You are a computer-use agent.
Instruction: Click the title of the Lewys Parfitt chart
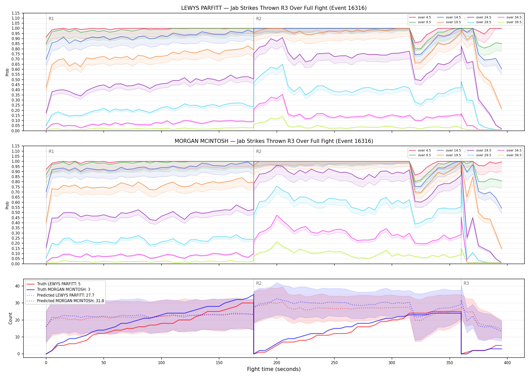coord(274,8)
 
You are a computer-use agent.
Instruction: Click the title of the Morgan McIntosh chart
coord(274,141)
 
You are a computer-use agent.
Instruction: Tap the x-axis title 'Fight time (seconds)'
coord(274,369)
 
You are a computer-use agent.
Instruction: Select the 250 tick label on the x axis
coord(334,363)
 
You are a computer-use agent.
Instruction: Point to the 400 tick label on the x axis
coord(507,363)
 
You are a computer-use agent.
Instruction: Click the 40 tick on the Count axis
coord(17,286)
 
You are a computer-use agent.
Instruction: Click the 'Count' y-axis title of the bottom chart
coord(10,318)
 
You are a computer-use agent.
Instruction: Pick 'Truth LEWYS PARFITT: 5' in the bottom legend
coord(59,284)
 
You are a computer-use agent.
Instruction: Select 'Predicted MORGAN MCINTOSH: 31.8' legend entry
coord(70,301)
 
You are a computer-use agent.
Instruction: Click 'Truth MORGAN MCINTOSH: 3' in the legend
coord(64,290)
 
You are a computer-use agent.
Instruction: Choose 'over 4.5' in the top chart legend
coord(425,17)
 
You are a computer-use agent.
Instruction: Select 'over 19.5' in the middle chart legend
coord(453,155)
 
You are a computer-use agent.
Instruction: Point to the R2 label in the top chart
coord(259,19)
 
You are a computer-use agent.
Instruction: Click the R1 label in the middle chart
coord(51,151)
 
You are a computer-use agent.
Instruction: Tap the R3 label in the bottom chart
coord(466,283)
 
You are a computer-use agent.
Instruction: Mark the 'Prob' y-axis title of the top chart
coord(7,72)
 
